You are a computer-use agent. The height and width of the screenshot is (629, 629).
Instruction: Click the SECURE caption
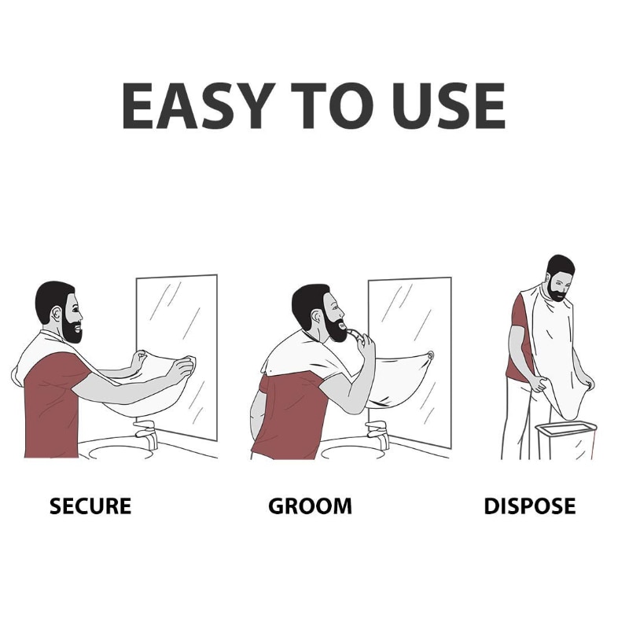click(x=90, y=506)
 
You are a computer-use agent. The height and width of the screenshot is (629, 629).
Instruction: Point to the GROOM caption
click(x=310, y=506)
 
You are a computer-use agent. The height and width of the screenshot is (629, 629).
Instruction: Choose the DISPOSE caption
click(x=529, y=506)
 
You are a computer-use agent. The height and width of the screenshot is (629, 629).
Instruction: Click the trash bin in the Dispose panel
click(x=565, y=440)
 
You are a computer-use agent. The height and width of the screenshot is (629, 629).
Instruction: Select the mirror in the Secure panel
click(x=189, y=314)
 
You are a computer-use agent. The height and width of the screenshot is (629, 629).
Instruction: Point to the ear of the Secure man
click(x=56, y=316)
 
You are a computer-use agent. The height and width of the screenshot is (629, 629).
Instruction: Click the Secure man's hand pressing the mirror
click(x=186, y=366)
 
